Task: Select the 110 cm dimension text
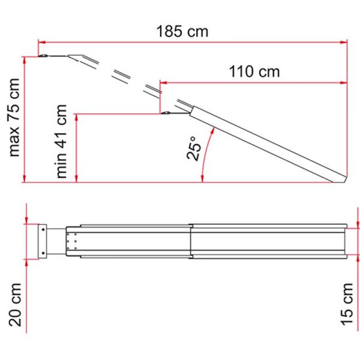tap(254, 71)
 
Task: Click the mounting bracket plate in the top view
tap(43, 241)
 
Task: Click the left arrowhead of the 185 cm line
tap(41, 42)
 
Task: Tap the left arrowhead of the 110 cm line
tap(161, 82)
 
